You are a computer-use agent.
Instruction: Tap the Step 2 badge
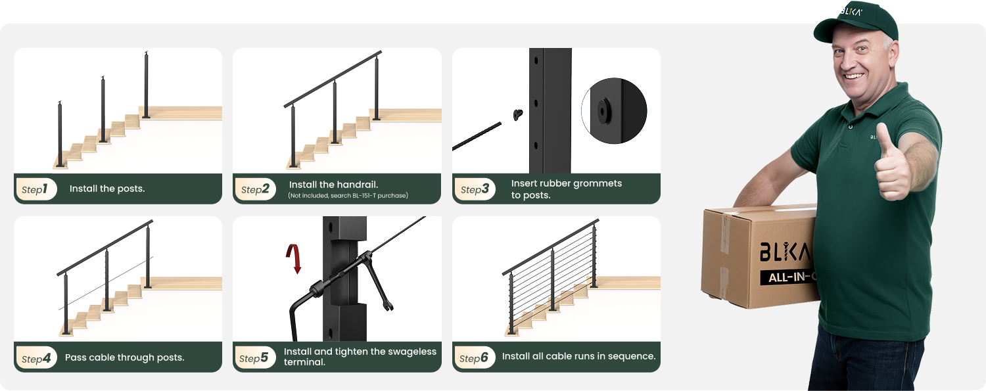tap(255, 189)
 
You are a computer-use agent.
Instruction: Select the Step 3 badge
tap(475, 189)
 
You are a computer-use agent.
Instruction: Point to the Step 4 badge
tap(37, 358)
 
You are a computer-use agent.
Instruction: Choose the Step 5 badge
tap(254, 358)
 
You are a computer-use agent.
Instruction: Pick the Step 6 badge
tap(474, 358)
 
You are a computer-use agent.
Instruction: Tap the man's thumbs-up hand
tap(892, 164)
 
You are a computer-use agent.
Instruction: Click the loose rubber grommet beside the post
tap(518, 114)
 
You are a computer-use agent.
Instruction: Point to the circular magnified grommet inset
tap(614, 111)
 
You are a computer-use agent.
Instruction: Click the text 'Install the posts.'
tap(107, 189)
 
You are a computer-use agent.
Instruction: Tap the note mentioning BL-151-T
tap(348, 196)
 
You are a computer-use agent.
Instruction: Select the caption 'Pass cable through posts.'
tap(125, 357)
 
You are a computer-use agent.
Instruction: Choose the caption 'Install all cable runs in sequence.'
tap(579, 356)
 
